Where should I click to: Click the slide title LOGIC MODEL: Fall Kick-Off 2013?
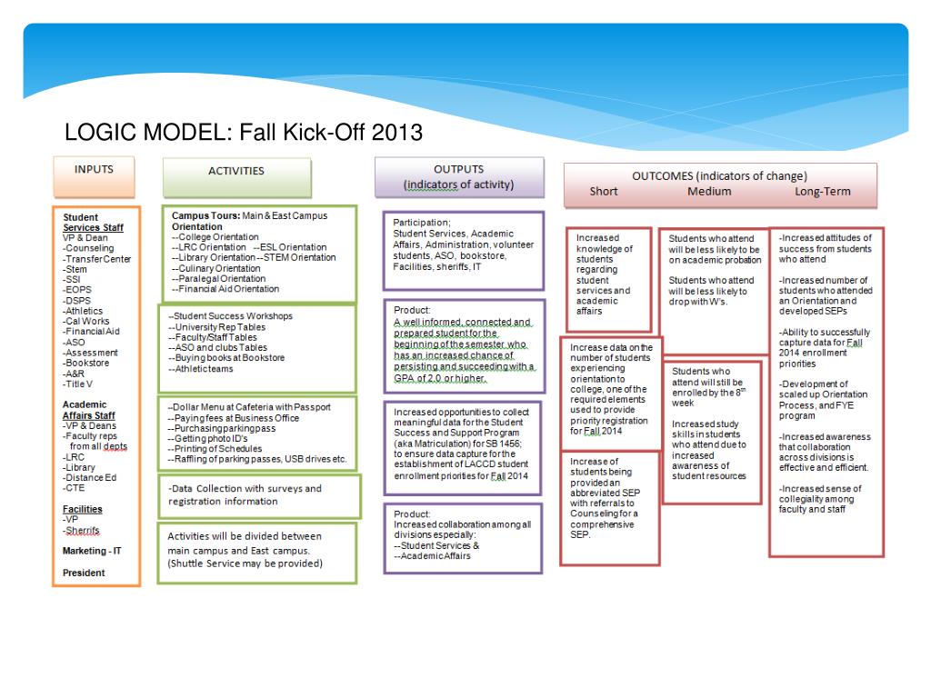pos(244,133)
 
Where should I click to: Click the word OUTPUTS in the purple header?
pos(458,170)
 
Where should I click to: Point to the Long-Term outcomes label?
pos(823,192)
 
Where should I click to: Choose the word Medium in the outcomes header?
pos(709,192)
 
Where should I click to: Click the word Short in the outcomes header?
pos(604,192)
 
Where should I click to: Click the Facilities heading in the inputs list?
pos(83,509)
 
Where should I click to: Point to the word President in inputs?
pos(84,573)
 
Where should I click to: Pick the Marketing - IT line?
pos(92,551)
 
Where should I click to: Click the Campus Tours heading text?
pos(206,216)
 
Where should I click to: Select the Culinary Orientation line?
pos(216,268)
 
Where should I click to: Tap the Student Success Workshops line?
pos(231,315)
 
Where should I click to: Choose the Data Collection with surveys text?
pos(245,488)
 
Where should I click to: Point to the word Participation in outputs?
pos(421,223)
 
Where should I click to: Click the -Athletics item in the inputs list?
pos(83,311)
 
